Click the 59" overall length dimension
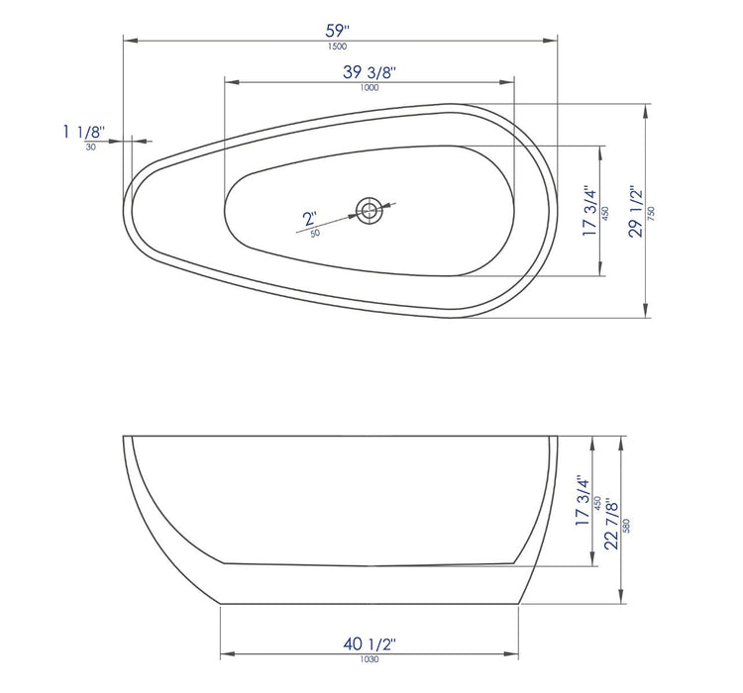point(341,29)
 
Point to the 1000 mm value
point(371,88)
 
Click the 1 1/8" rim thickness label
point(82,132)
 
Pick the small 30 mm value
point(90,147)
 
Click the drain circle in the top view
point(369,209)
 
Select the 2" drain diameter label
point(309,219)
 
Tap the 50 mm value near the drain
point(315,234)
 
